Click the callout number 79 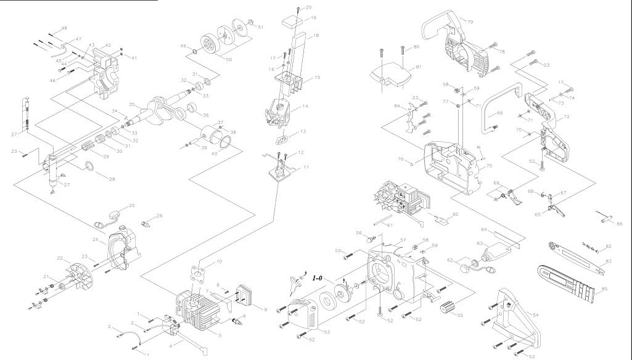[x=470, y=22]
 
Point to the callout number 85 [x=605, y=289]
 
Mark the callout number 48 [x=65, y=28]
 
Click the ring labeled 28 [x=89, y=166]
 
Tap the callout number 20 [x=308, y=7]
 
